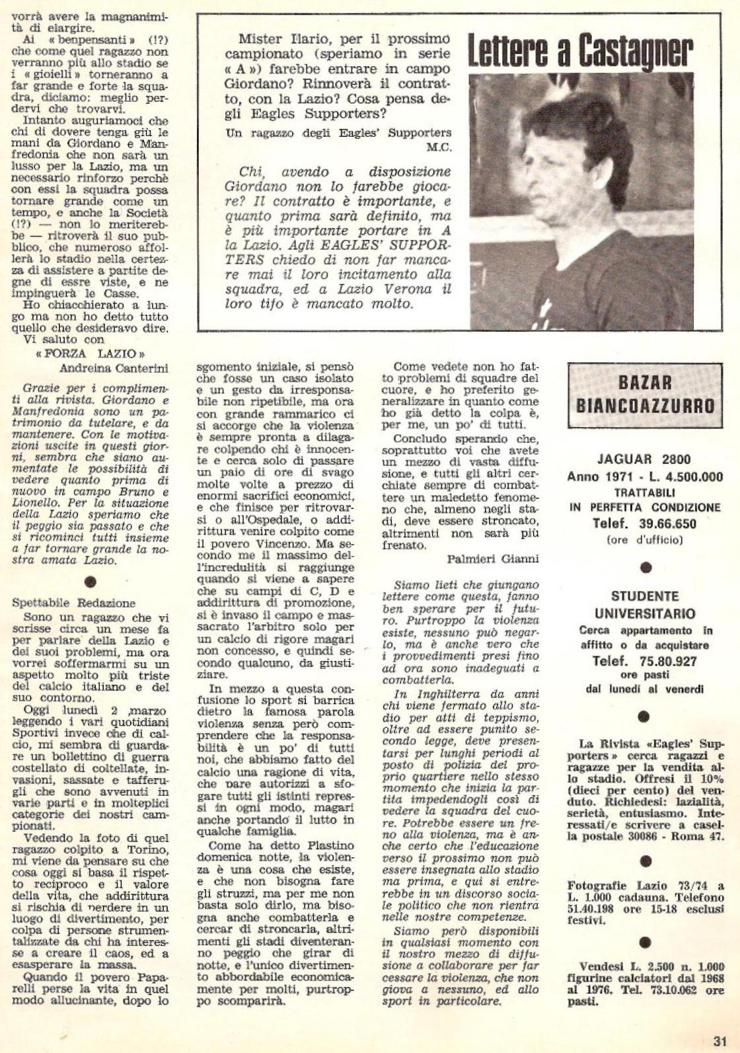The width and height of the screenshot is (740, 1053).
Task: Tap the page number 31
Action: tap(720, 1040)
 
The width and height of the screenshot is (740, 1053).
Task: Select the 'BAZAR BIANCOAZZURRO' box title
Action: tap(645, 394)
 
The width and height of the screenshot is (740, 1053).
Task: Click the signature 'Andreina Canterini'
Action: tap(114, 368)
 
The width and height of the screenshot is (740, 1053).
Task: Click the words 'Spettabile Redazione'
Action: tap(73, 603)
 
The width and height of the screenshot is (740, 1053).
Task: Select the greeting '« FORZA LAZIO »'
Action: tap(91, 354)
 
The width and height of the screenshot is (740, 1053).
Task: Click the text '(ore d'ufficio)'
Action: tap(644, 539)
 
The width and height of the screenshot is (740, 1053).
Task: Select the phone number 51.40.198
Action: tap(593, 910)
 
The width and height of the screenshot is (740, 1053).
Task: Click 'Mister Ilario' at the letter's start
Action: tap(270, 39)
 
